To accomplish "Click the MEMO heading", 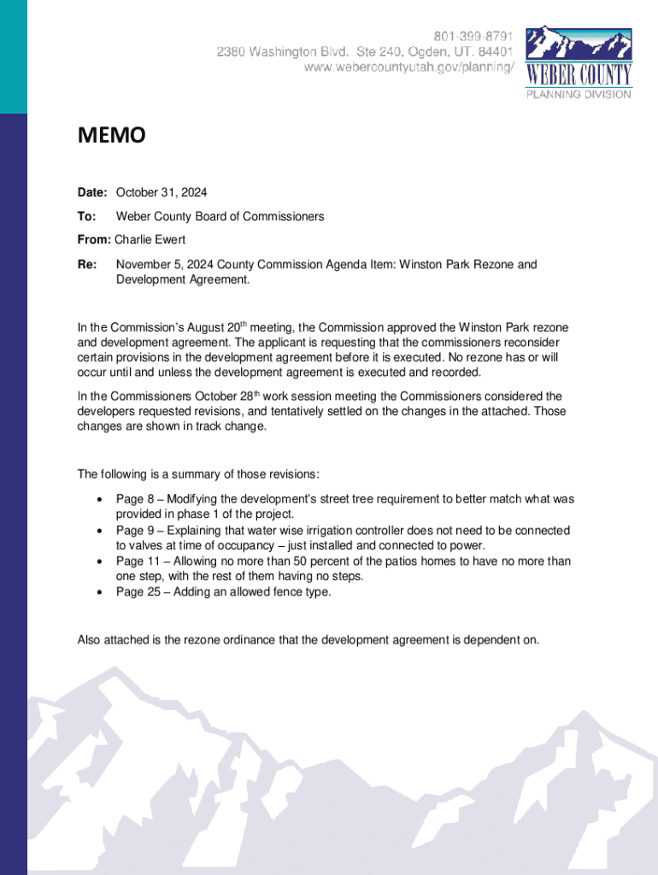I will pos(111,136).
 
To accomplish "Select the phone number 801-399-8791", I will pos(473,37).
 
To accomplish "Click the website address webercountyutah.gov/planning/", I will pos(410,68).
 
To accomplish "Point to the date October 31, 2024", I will pos(162,192).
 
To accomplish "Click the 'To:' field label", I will pos(86,216).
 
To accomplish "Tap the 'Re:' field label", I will pos(87,264).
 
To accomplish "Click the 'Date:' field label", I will pos(92,192).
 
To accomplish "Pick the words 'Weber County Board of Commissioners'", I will pos(220,216).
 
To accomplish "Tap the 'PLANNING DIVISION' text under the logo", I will pos(579,94).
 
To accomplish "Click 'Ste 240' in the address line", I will pos(380,52).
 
